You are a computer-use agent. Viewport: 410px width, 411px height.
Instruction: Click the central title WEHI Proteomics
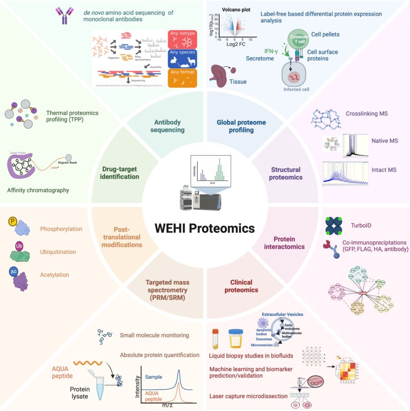click(205, 227)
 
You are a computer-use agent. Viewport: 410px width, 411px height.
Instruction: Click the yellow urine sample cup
click(236, 339)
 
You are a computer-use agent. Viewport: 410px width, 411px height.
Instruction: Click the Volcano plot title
click(236, 10)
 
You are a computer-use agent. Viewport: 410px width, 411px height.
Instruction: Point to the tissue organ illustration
click(224, 74)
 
